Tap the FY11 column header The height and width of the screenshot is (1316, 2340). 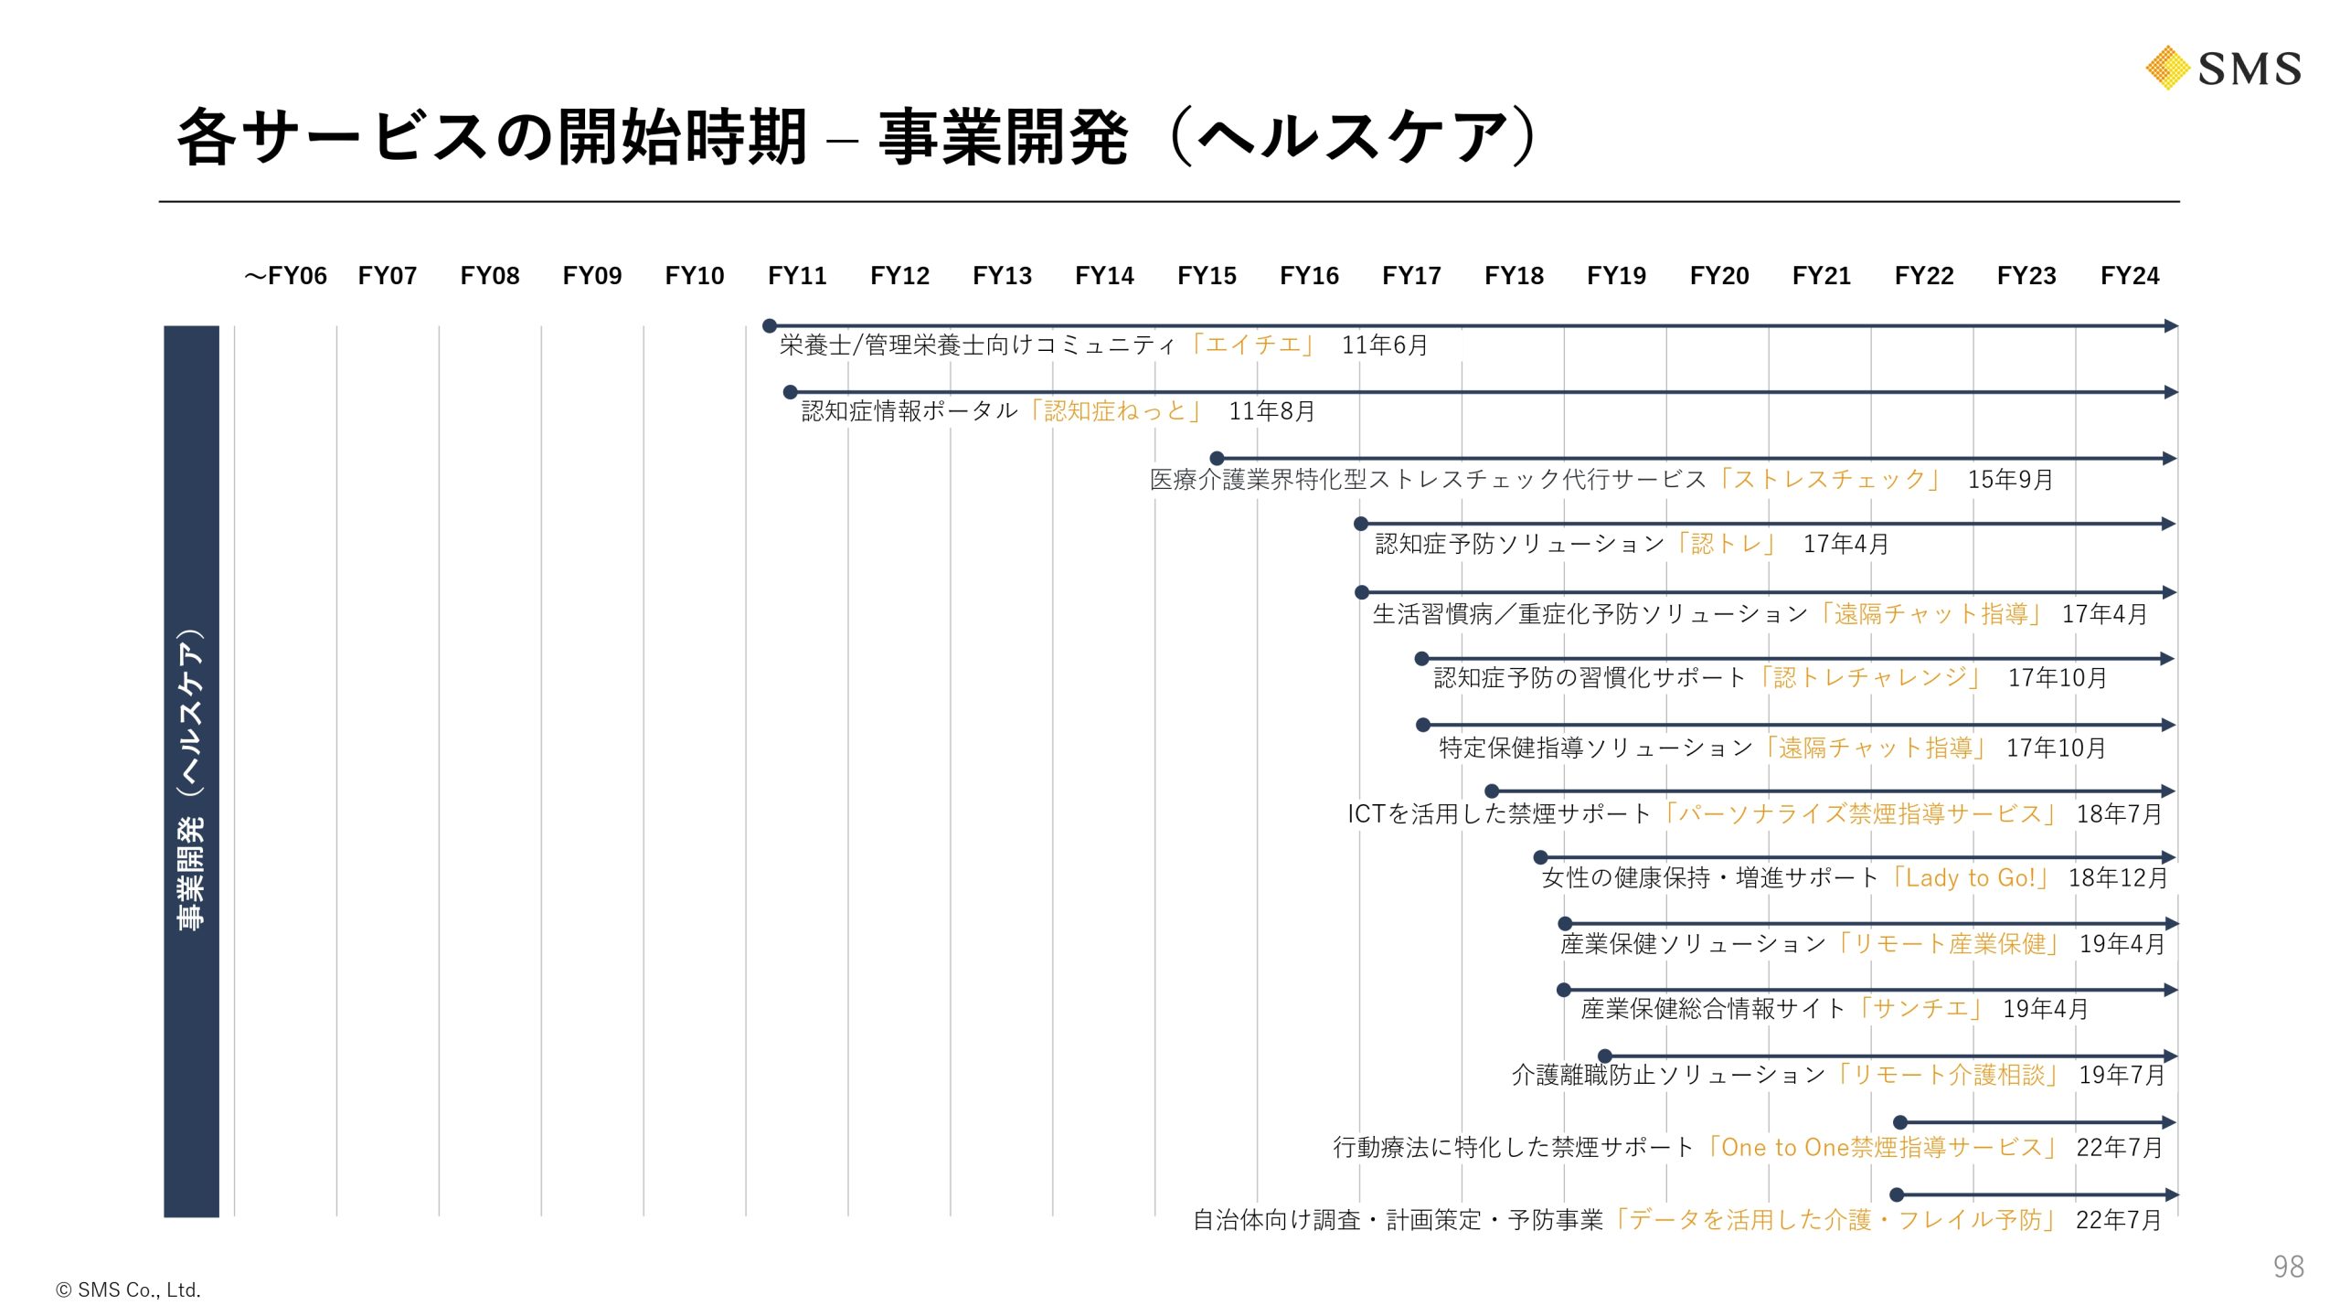(797, 276)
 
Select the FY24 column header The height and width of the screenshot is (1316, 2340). (2129, 276)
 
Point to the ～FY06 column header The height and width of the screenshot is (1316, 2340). (285, 276)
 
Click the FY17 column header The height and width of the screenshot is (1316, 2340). (1411, 276)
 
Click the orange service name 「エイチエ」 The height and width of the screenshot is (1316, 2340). (1253, 345)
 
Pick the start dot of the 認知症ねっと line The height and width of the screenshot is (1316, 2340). (791, 392)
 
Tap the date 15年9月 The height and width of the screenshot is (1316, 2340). (2010, 480)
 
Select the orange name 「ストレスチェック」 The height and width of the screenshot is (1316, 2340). (1829, 480)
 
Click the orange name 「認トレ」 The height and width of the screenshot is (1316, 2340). (1726, 545)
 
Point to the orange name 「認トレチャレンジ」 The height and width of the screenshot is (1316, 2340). (1869, 678)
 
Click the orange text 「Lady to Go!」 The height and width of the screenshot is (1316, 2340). (1970, 878)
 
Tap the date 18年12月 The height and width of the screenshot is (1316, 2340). (2118, 878)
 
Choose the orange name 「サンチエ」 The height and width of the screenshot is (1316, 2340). (1920, 1009)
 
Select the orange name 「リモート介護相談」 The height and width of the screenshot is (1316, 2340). (1948, 1075)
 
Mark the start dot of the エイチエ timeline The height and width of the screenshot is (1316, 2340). (770, 325)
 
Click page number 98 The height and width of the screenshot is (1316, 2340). (2288, 1267)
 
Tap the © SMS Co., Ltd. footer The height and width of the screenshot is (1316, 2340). (128, 1290)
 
